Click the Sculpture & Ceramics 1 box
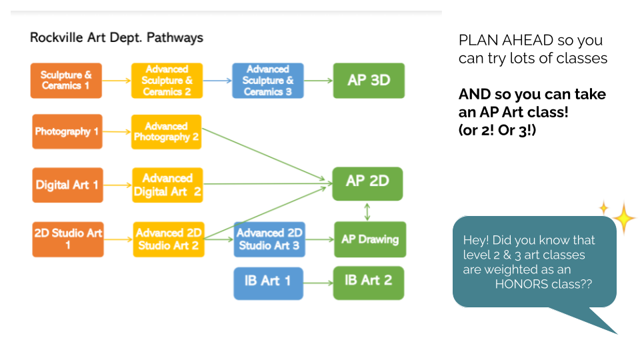click(66, 81)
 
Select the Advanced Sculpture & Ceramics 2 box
click(167, 81)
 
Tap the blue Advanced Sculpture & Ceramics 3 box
click(268, 81)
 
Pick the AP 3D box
click(369, 81)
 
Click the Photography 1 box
click(67, 131)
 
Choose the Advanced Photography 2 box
click(167, 132)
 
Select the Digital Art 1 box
click(68, 185)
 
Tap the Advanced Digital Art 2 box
click(168, 185)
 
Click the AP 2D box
click(368, 184)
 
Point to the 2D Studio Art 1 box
click(68, 239)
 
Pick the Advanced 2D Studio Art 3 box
click(269, 239)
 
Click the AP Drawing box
click(370, 239)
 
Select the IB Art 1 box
click(269, 283)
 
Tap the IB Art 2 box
click(369, 283)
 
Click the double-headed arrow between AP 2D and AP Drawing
click(367, 212)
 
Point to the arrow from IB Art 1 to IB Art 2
click(319, 283)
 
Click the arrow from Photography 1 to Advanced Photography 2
click(117, 132)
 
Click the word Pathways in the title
click(175, 37)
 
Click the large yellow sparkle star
click(624, 218)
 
